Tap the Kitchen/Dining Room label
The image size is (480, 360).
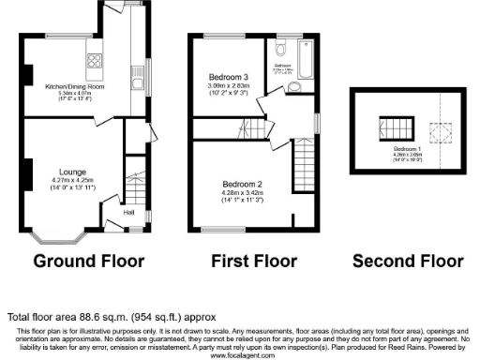(75, 86)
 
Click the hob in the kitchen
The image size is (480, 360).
(96, 62)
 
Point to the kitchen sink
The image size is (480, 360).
(143, 72)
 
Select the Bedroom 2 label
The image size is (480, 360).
(241, 184)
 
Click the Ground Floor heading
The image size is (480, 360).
(86, 261)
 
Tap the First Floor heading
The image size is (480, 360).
(253, 261)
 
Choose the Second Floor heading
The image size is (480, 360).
(409, 261)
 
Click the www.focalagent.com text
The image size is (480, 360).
(241, 356)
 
